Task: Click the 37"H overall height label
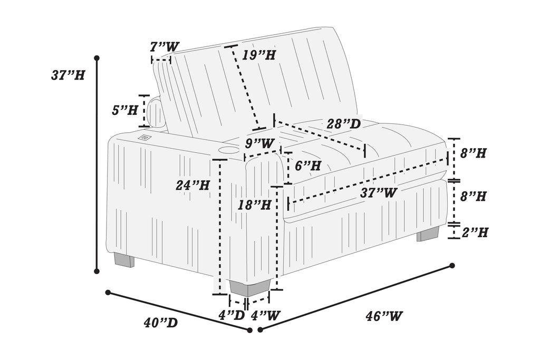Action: coord(68,75)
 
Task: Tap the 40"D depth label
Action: coord(160,323)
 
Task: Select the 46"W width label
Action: coord(384,316)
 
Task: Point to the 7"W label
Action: coord(164,47)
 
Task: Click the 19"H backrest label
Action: coord(259,54)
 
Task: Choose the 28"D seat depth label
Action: coord(343,124)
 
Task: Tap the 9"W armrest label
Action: coord(260,143)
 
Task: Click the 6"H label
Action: coord(308,166)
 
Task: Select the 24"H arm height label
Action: coord(193,185)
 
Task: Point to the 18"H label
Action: coord(255,205)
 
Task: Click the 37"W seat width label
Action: coord(379,193)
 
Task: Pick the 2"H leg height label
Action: coord(475,232)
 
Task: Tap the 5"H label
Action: coord(125,110)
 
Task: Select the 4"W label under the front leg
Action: coord(265,316)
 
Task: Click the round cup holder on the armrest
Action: coord(226,151)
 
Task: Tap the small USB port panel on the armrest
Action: coord(144,138)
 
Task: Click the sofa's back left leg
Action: coord(124,260)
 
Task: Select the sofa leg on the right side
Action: coord(428,235)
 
